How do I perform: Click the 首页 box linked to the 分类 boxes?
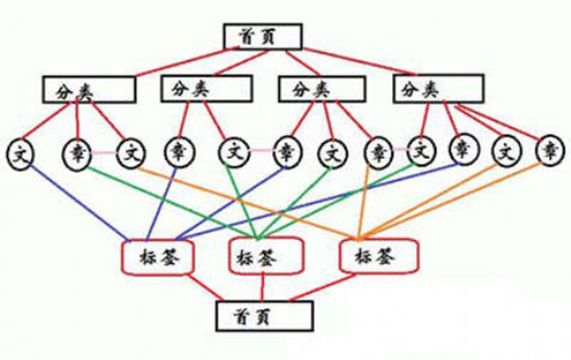263,36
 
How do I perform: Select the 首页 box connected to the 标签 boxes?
265,315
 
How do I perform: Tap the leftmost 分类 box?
89,90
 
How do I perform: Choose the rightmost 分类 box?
439,89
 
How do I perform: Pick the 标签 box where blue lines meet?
157,257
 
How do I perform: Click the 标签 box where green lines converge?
266,255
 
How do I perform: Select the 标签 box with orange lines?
379,255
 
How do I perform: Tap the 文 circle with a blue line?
20,153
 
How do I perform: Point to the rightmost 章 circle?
550,150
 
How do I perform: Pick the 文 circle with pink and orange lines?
130,153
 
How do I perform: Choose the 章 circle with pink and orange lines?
379,152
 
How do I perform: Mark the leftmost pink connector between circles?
104,153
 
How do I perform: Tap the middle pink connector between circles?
262,150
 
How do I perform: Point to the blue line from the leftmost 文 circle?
79,203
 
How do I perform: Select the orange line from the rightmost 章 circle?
452,200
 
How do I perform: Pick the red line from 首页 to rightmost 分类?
359,61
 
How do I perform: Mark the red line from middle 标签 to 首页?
263,287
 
